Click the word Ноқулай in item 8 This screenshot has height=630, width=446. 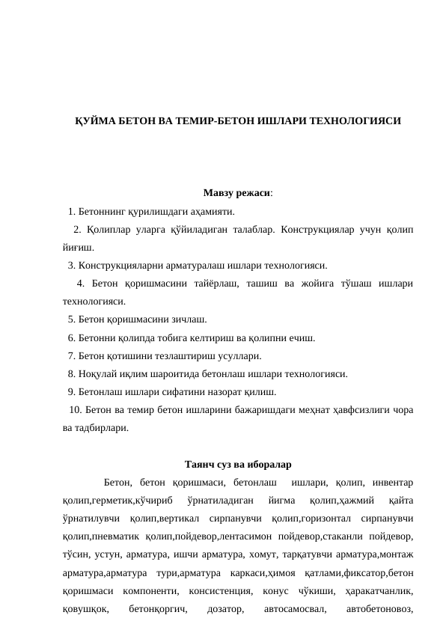pyautogui.click(x=96, y=374)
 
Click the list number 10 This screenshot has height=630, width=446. pyautogui.click(x=73, y=410)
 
